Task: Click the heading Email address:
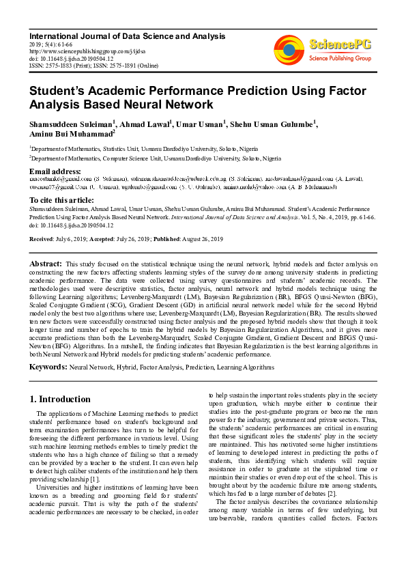56,171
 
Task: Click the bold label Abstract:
45,263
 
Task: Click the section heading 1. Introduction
60,399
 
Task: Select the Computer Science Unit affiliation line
156,156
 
